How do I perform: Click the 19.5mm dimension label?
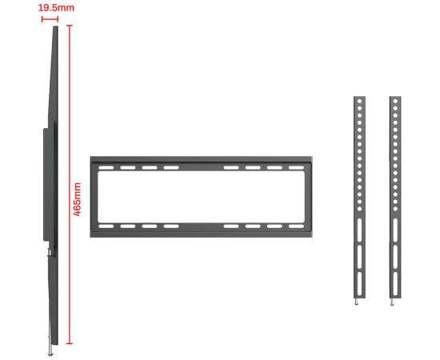click(x=56, y=8)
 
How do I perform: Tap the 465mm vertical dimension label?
click(x=77, y=199)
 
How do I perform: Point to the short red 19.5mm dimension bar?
click(x=50, y=19)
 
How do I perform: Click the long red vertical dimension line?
click(x=70, y=184)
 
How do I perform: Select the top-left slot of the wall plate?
click(x=106, y=168)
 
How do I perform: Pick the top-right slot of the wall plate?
click(x=296, y=168)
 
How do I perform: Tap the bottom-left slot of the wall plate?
click(x=106, y=226)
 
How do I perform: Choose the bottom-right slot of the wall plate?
click(x=296, y=226)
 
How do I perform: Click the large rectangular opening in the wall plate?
click(x=201, y=197)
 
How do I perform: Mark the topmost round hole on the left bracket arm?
click(x=359, y=101)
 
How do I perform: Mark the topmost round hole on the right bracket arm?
click(x=395, y=101)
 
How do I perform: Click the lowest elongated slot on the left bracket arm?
click(x=359, y=284)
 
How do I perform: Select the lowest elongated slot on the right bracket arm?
click(x=395, y=284)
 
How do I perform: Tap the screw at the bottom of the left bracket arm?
click(x=356, y=302)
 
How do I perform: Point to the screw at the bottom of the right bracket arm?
click(x=392, y=302)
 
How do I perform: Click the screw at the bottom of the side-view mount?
click(x=50, y=350)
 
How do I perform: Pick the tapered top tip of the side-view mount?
click(x=55, y=27)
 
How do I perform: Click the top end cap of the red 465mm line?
click(x=70, y=26)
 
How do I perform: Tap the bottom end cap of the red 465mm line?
click(x=70, y=343)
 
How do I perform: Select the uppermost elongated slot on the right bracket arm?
click(x=395, y=230)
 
